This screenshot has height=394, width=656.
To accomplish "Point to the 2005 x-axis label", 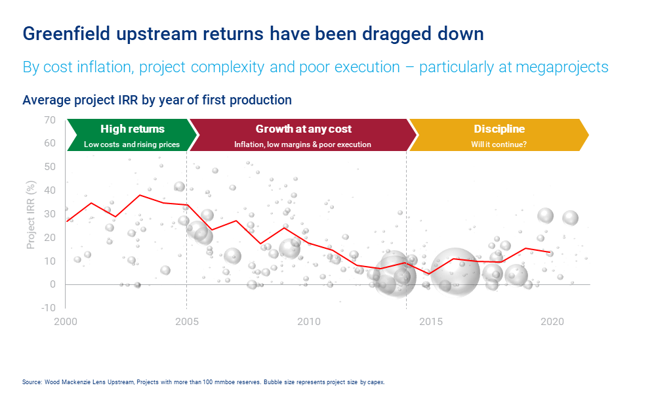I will pyautogui.click(x=187, y=321).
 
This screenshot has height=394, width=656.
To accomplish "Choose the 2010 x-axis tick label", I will pyautogui.click(x=309, y=321).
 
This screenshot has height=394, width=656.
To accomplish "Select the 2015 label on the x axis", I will pyautogui.click(x=430, y=321).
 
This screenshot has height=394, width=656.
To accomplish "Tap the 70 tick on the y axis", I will pyautogui.click(x=50, y=120).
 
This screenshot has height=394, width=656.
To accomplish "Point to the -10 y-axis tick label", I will pyautogui.click(x=48, y=308).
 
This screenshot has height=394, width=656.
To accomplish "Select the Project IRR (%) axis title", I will pyautogui.click(x=31, y=213).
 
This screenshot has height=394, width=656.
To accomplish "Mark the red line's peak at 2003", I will pyautogui.click(x=139, y=195).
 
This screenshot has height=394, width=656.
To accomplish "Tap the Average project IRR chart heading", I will pyautogui.click(x=157, y=100).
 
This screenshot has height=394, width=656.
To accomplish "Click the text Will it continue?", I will pyautogui.click(x=499, y=144).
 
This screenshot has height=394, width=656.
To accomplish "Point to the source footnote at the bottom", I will pyautogui.click(x=203, y=382).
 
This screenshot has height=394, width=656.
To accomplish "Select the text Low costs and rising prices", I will pyautogui.click(x=132, y=144).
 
